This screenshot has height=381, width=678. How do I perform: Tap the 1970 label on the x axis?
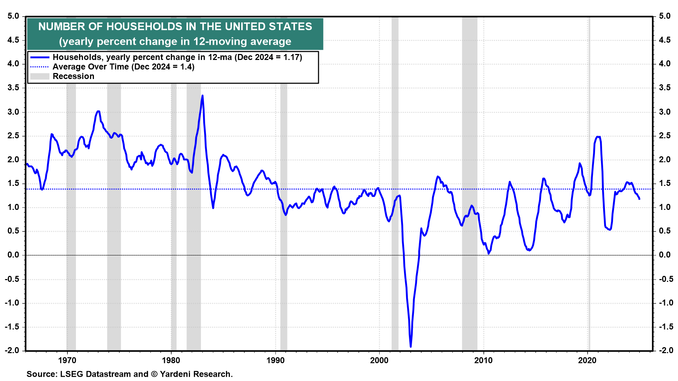pyautogui.click(x=67, y=360)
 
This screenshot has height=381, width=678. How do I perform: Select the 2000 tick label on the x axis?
pyautogui.click(x=379, y=360)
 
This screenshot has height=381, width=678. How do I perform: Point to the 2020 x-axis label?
pyautogui.click(x=587, y=360)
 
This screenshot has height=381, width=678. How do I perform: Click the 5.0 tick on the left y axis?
pyautogui.click(x=13, y=16)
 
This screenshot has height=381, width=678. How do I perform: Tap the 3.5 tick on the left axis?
pyautogui.click(x=13, y=88)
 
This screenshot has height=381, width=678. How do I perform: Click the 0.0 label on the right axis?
pyautogui.click(x=665, y=255)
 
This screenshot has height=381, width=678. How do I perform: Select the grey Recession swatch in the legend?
pyautogui.click(x=40, y=76)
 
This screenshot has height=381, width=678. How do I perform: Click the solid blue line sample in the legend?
pyautogui.click(x=40, y=57)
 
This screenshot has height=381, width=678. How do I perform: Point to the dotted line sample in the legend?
pyautogui.click(x=40, y=67)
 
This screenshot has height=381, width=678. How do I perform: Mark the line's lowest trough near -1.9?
pyautogui.click(x=411, y=346)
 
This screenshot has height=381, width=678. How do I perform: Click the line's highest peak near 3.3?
pyautogui.click(x=202, y=96)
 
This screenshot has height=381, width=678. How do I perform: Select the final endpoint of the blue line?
pyautogui.click(x=639, y=199)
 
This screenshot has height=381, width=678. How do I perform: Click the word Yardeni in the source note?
pyautogui.click(x=175, y=374)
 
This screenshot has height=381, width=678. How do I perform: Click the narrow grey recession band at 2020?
pyautogui.click(x=589, y=212)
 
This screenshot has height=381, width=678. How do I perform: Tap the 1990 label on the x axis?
pyautogui.click(x=275, y=360)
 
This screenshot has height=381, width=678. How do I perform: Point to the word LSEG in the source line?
pyautogui.click(x=71, y=374)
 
